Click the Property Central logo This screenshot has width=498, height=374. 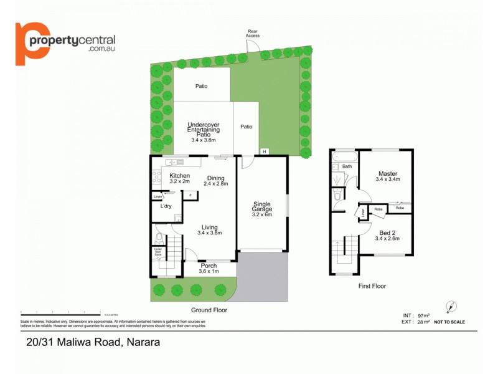pyautogui.click(x=65, y=43)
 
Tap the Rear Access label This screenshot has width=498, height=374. pyautogui.click(x=253, y=34)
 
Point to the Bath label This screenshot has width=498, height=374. pyautogui.click(x=347, y=166)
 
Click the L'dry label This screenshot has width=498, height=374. pyautogui.click(x=166, y=206)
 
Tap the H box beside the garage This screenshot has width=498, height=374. pyautogui.click(x=264, y=151)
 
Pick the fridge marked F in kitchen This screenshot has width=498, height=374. pyautogui.click(x=190, y=195)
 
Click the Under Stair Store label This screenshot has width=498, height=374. pyautogui.click(x=157, y=251)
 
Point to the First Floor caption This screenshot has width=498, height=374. pyautogui.click(x=372, y=286)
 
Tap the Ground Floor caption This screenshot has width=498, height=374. pyautogui.click(x=209, y=310)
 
